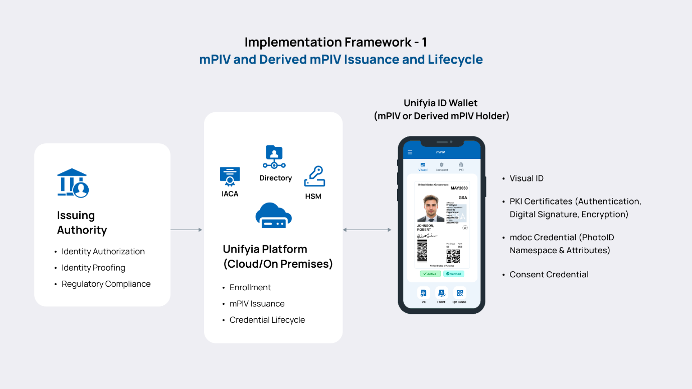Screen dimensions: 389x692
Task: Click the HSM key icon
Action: (314, 176)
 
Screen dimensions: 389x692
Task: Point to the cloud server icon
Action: (273, 216)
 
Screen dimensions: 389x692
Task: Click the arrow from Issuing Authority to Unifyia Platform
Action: (187, 230)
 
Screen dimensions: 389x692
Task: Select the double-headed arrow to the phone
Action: (367, 230)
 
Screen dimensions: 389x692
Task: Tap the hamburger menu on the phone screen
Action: (410, 152)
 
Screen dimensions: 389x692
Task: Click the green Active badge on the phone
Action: (430, 274)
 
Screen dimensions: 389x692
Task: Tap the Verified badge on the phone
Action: (454, 274)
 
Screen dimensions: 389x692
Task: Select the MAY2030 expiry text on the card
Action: (458, 188)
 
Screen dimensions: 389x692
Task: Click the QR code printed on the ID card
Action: (453, 256)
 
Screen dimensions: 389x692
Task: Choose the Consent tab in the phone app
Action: (441, 166)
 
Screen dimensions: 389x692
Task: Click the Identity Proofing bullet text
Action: (93, 268)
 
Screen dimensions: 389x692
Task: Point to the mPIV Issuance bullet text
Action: (257, 304)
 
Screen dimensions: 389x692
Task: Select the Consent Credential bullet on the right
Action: (549, 275)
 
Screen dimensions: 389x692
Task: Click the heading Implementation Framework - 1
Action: (335, 42)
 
